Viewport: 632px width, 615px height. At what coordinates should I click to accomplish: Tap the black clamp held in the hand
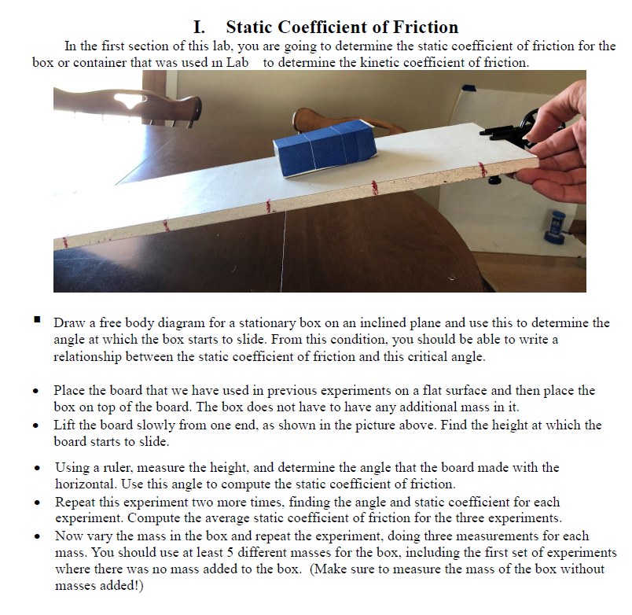[514, 129]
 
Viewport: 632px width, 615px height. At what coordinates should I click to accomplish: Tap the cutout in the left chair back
[136, 100]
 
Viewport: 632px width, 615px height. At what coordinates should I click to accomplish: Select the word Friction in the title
[420, 28]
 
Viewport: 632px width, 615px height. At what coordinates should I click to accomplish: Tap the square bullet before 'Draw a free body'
[37, 321]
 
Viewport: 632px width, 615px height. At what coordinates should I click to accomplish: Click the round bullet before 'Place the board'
[37, 391]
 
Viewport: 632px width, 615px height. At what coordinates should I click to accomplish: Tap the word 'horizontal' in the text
[86, 484]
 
